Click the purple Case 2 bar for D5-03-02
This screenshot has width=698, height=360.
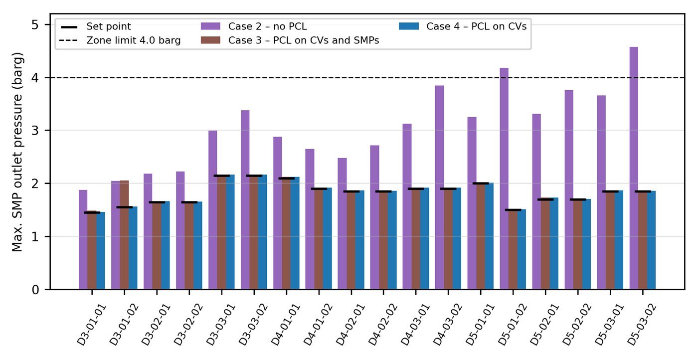click(x=634, y=168)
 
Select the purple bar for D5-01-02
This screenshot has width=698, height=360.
click(x=504, y=179)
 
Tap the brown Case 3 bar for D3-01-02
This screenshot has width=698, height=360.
click(x=124, y=235)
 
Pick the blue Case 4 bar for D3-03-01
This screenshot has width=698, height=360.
click(x=230, y=232)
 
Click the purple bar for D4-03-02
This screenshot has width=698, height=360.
click(x=439, y=187)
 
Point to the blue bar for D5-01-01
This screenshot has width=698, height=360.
click(x=489, y=236)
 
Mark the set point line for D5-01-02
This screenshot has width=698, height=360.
click(x=513, y=210)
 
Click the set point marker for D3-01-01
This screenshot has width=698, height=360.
click(x=92, y=212)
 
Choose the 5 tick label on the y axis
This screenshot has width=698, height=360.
click(x=35, y=24)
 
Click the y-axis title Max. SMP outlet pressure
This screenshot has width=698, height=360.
click(x=17, y=152)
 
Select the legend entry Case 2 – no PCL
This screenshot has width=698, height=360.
click(x=254, y=26)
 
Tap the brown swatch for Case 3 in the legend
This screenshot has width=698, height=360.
click(x=210, y=40)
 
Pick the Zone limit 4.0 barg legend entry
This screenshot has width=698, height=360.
click(x=120, y=40)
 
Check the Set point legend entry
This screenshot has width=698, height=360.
click(x=96, y=26)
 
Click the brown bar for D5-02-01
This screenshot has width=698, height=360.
click(x=545, y=244)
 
